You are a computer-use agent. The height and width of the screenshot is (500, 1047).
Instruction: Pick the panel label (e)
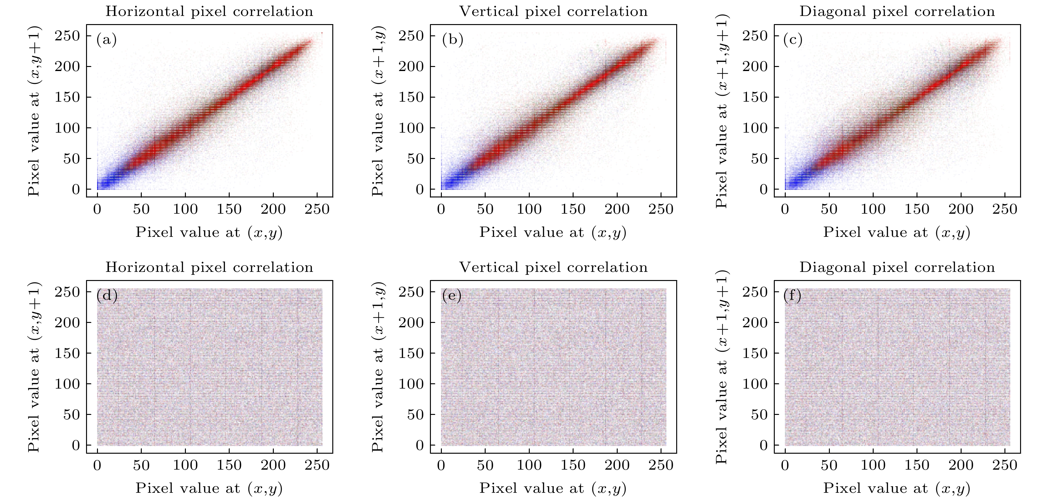452,296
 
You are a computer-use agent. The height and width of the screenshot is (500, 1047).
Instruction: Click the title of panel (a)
209,11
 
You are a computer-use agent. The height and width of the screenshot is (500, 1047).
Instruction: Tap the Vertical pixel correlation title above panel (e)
553,268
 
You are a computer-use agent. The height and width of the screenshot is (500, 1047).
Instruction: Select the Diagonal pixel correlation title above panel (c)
897,11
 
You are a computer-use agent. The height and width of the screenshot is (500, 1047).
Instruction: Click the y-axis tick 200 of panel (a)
68,67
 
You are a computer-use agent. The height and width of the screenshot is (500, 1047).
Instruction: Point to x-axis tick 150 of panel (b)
573,209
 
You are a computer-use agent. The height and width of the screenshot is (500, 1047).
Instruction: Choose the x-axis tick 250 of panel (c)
1005,209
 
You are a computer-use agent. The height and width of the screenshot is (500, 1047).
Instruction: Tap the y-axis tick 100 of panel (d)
68,384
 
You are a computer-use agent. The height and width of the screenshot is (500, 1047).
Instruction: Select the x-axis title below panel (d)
209,488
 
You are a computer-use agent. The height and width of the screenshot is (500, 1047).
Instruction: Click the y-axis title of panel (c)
722,110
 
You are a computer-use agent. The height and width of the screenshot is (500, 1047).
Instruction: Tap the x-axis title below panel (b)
553,232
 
